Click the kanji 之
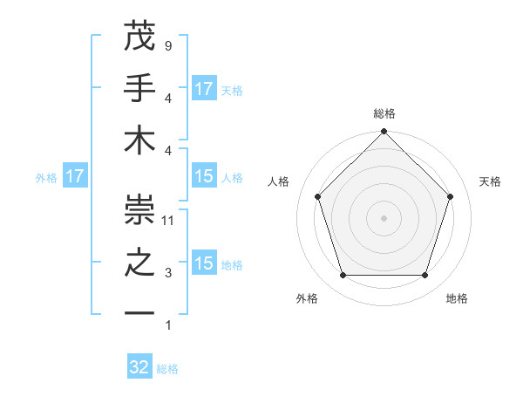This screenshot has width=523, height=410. (139, 263)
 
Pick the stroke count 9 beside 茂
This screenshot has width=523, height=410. (168, 45)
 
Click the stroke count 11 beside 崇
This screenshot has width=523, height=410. (169, 221)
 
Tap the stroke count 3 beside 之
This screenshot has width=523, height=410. (168, 274)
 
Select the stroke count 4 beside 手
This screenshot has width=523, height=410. (168, 98)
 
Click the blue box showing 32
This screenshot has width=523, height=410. (139, 367)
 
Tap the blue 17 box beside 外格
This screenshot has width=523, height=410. (75, 177)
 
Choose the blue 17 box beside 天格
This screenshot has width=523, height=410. (204, 89)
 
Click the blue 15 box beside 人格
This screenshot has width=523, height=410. (204, 176)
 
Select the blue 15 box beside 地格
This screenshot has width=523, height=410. (204, 263)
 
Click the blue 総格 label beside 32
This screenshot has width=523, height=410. (167, 369)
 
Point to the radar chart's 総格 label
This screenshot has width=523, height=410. (384, 113)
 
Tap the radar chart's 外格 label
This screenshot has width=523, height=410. (307, 298)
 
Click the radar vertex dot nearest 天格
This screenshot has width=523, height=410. (451, 196)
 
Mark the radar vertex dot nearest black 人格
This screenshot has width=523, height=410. (318, 196)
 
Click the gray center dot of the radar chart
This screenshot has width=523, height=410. (384, 217)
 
